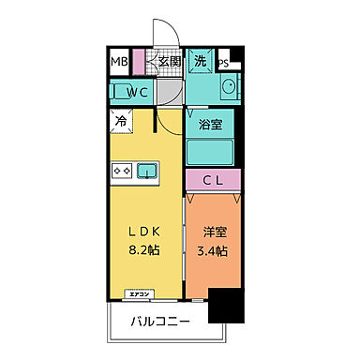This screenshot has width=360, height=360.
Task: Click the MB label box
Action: click(119, 63)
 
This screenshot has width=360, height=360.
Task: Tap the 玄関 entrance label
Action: click(169, 62)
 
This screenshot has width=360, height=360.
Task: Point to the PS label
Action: click(224, 64)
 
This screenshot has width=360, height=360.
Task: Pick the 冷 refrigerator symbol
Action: click(122, 120)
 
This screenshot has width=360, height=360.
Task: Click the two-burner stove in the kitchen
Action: click(122, 171)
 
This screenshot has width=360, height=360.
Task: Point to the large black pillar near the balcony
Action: click(226, 307)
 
